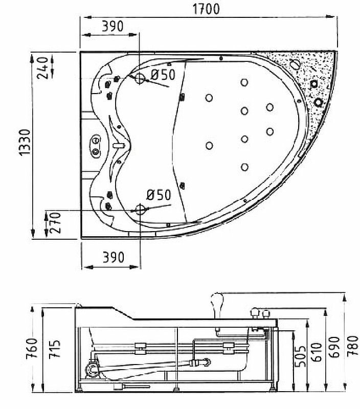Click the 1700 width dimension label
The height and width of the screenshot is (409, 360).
coord(207,9)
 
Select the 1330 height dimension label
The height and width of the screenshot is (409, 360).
coord(25,145)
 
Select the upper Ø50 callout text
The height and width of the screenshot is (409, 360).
coord(162,75)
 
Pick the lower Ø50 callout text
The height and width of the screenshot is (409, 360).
coord(158,194)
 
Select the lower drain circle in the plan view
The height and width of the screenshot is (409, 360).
coord(140,209)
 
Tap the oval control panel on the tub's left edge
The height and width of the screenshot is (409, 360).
coord(95,145)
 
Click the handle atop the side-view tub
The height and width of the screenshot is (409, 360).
coord(218,302)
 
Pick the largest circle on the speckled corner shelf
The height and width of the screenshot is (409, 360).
coord(295,65)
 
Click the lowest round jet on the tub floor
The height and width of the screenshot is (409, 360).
coord(244,167)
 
